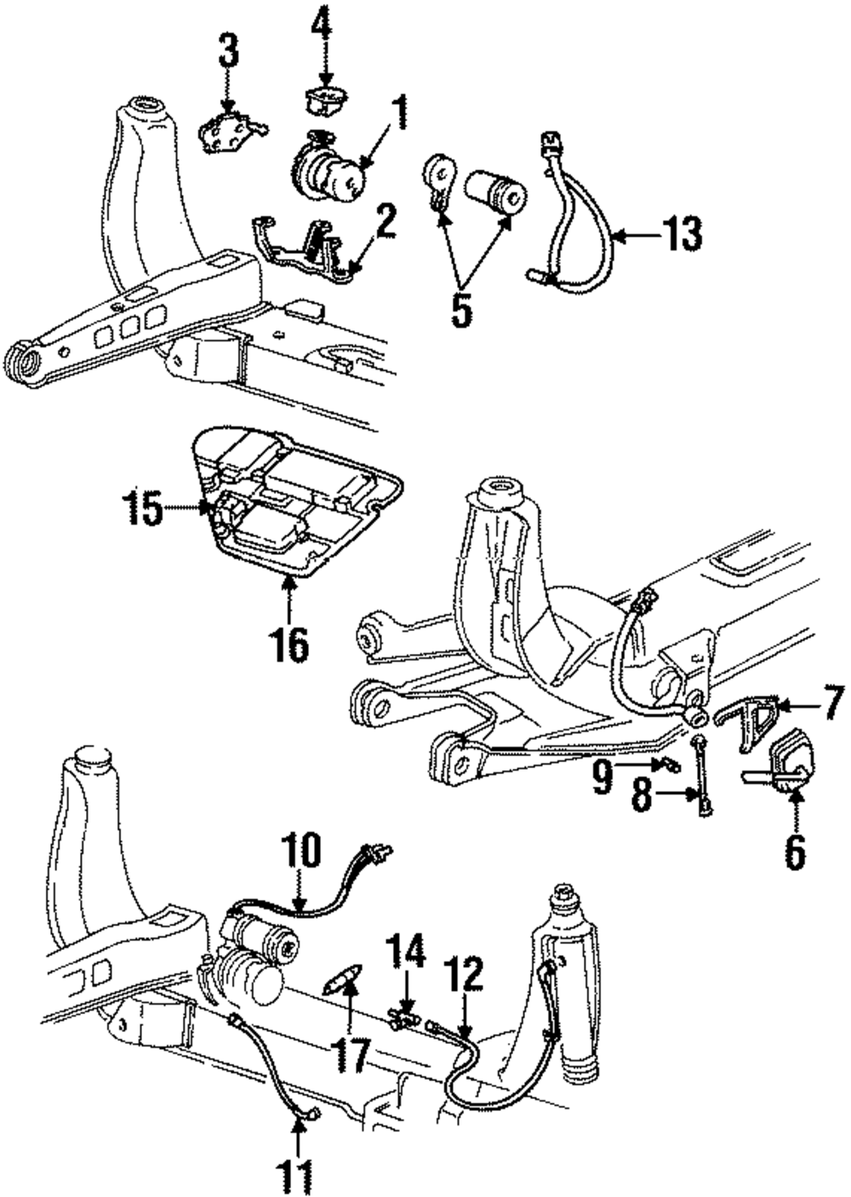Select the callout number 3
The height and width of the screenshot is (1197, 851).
coord(228,58)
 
